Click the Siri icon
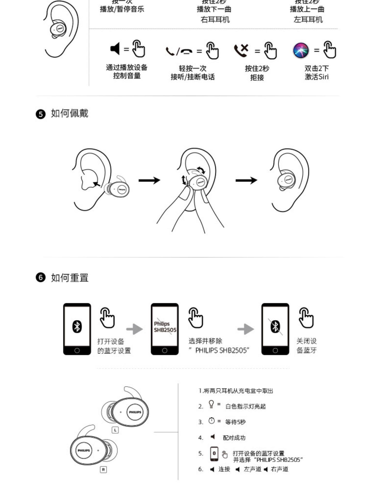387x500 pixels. [301, 50]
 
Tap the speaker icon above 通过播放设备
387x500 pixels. [115, 49]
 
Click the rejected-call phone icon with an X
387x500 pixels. [241, 50]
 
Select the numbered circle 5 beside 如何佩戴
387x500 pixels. [41, 114]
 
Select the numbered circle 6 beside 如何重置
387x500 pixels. [41, 278]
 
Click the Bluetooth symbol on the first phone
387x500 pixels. [77, 327]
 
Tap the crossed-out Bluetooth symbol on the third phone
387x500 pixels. [275, 327]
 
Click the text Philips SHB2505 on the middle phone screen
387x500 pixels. [165, 327]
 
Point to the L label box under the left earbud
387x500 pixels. [115, 430]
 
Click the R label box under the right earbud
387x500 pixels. [103, 470]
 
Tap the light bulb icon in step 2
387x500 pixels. [211, 404]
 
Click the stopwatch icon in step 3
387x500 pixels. [212, 421]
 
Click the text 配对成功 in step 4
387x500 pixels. [234, 438]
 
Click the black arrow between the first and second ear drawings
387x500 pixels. [149, 180]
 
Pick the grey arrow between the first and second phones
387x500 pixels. [134, 329]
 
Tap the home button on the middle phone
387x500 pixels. [165, 350]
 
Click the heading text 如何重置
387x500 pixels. [70, 278]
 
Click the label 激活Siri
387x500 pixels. [317, 77]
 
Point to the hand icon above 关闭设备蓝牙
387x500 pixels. [306, 318]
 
